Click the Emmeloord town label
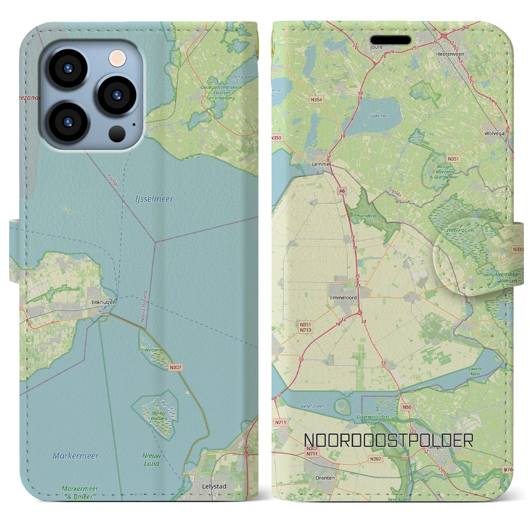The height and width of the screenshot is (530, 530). point(343,297)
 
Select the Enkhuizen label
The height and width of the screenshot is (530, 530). point(104,302)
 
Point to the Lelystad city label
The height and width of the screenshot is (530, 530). point(214,487)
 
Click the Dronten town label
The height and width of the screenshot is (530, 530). point(325,478)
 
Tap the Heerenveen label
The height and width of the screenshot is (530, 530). point(450,54)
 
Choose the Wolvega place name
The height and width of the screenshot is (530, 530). point(494,134)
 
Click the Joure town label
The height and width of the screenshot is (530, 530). point(376,47)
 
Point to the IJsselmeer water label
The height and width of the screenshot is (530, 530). point(154,199)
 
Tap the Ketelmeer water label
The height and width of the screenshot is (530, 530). point(312,406)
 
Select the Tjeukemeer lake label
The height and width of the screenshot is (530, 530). point(378,116)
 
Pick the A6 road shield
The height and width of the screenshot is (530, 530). point(342,191)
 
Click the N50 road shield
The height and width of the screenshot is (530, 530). point(407,407)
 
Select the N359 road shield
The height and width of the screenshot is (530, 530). point(276,138)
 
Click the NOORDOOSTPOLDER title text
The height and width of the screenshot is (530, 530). point(388,441)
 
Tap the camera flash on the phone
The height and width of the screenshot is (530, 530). point(117,58)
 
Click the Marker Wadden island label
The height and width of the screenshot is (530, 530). point(159,415)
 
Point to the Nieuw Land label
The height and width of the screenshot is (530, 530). point(152,460)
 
